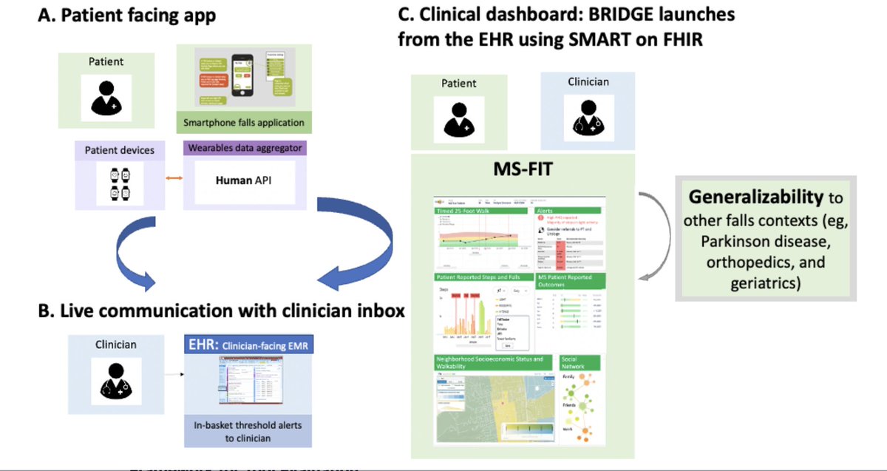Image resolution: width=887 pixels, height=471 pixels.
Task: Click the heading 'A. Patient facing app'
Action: click(x=127, y=16)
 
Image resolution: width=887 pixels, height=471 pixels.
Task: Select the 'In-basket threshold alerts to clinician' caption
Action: click(x=248, y=432)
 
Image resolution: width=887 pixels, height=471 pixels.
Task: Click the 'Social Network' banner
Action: click(x=580, y=362)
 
